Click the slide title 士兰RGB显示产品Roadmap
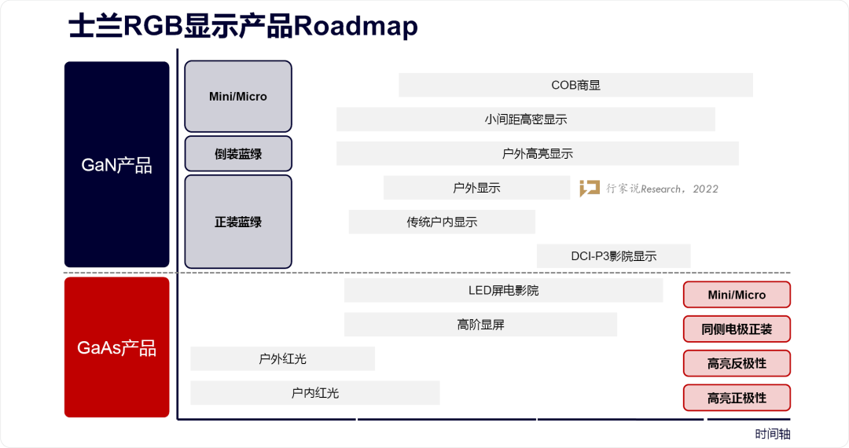pyautogui.click(x=243, y=27)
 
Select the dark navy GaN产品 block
pyautogui.click(x=116, y=164)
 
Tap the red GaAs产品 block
pyautogui.click(x=116, y=347)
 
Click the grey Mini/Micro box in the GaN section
pyautogui.click(x=238, y=97)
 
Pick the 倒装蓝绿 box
pyautogui.click(x=238, y=154)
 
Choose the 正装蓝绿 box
pyautogui.click(x=238, y=222)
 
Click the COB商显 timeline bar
pyautogui.click(x=575, y=85)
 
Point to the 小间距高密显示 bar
pyautogui.click(x=525, y=119)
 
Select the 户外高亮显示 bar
pyautogui.click(x=537, y=154)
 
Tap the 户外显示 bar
pyautogui.click(x=476, y=188)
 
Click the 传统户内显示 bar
pyautogui.click(x=442, y=222)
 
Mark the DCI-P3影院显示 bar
pyautogui.click(x=613, y=255)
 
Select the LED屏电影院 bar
pyautogui.click(x=503, y=290)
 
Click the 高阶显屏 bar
pyautogui.click(x=480, y=324)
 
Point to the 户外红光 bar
pyautogui.click(x=282, y=358)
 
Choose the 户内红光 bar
pyautogui.click(x=314, y=392)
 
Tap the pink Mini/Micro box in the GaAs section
pyautogui.click(x=737, y=295)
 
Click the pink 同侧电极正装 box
pyautogui.click(x=737, y=329)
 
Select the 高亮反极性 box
pyautogui.click(x=737, y=363)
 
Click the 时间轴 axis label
pyautogui.click(x=773, y=434)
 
